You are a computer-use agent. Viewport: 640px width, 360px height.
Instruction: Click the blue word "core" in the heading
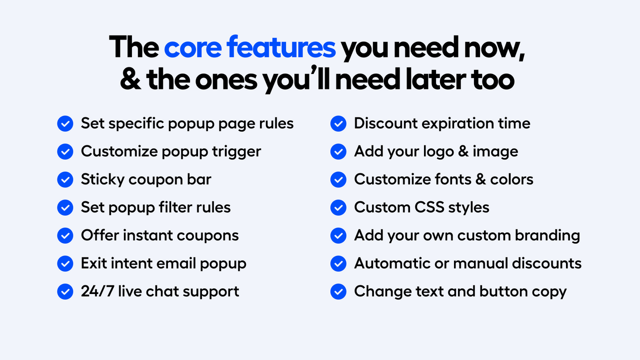tap(193, 47)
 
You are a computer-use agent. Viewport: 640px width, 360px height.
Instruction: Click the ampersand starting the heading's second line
tap(130, 79)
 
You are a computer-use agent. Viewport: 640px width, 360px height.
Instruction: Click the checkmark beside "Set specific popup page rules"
tap(65, 123)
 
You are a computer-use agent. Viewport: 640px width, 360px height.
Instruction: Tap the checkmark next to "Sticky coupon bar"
tap(65, 179)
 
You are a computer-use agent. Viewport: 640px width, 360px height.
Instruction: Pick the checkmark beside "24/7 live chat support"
tap(65, 291)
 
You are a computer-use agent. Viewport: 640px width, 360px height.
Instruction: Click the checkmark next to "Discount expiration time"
tap(338, 123)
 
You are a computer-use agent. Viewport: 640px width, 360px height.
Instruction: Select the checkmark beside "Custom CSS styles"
tap(338, 207)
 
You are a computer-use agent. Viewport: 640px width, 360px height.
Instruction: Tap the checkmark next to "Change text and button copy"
tap(338, 291)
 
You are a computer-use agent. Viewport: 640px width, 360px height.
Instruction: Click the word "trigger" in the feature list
tap(236, 152)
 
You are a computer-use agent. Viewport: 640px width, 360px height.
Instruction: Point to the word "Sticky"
tap(102, 179)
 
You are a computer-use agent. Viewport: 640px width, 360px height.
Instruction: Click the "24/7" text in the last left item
tap(97, 291)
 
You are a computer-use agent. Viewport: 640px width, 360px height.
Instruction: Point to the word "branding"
tap(547, 236)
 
